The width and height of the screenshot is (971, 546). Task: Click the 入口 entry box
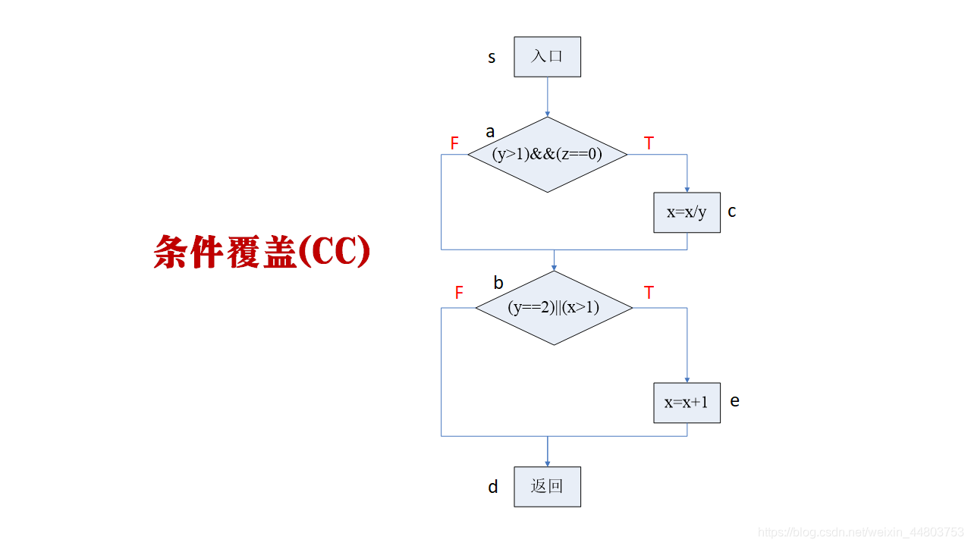click(547, 57)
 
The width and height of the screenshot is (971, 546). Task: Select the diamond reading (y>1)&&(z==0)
click(547, 155)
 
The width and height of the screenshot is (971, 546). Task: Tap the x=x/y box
click(687, 212)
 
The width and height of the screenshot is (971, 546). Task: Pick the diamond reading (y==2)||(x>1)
click(553, 308)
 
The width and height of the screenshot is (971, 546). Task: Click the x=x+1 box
click(687, 403)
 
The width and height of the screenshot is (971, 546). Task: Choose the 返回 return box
click(547, 486)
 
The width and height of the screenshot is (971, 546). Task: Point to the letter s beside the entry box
click(492, 58)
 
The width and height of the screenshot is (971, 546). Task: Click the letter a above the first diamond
click(490, 132)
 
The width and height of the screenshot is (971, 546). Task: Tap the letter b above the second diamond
click(498, 283)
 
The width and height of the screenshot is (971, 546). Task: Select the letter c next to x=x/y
click(732, 212)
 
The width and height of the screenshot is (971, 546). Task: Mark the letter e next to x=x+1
click(734, 400)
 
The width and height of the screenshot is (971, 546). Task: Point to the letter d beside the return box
click(493, 487)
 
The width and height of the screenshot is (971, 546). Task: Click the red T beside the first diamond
click(649, 143)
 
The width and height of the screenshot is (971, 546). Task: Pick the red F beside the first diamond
click(454, 143)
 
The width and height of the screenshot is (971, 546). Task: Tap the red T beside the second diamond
click(649, 293)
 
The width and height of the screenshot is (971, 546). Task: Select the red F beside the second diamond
click(458, 293)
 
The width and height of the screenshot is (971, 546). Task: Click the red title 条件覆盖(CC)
click(262, 252)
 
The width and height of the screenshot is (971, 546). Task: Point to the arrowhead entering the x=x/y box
click(687, 189)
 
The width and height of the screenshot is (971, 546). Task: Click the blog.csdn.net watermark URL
click(861, 533)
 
